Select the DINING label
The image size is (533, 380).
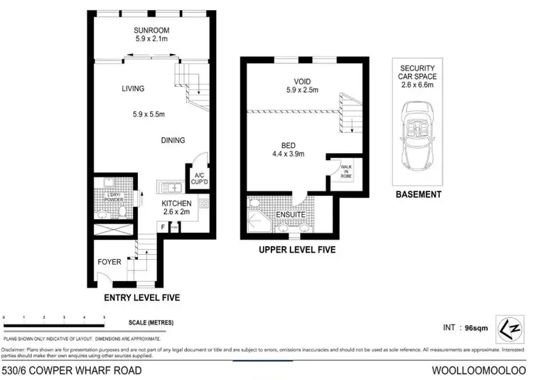(x=172, y=140)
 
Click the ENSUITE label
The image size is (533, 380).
(x=291, y=213)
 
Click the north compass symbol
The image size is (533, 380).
(x=510, y=328)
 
